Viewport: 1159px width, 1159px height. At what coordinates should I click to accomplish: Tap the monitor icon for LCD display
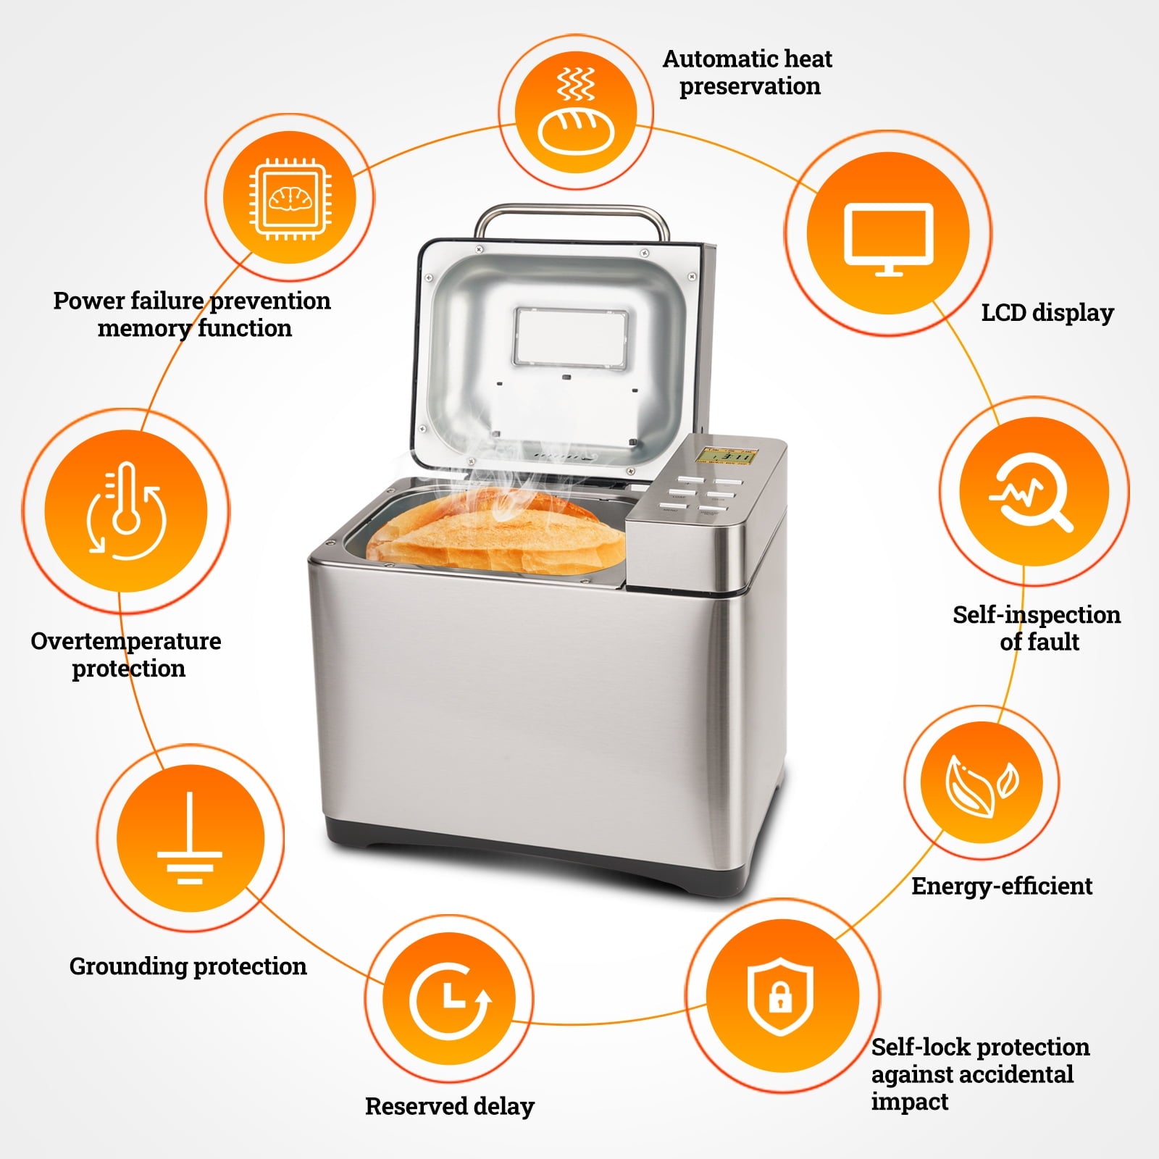click(889, 237)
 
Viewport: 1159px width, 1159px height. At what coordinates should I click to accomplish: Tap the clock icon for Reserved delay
click(450, 1000)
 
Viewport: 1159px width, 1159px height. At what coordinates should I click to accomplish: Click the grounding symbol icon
click(190, 839)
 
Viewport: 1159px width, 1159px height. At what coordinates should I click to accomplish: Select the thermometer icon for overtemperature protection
click(126, 511)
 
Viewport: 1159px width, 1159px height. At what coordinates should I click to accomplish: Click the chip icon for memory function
click(288, 198)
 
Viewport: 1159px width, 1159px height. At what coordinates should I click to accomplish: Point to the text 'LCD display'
click(1047, 313)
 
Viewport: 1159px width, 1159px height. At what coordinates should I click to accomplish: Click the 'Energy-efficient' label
click(1001, 886)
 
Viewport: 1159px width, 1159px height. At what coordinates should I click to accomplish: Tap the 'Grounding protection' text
click(188, 966)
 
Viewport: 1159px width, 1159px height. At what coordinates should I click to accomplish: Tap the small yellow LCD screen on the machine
click(727, 457)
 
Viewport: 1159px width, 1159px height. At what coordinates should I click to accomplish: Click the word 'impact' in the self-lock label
click(909, 1102)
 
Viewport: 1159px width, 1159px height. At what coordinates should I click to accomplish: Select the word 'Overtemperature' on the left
click(125, 641)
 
